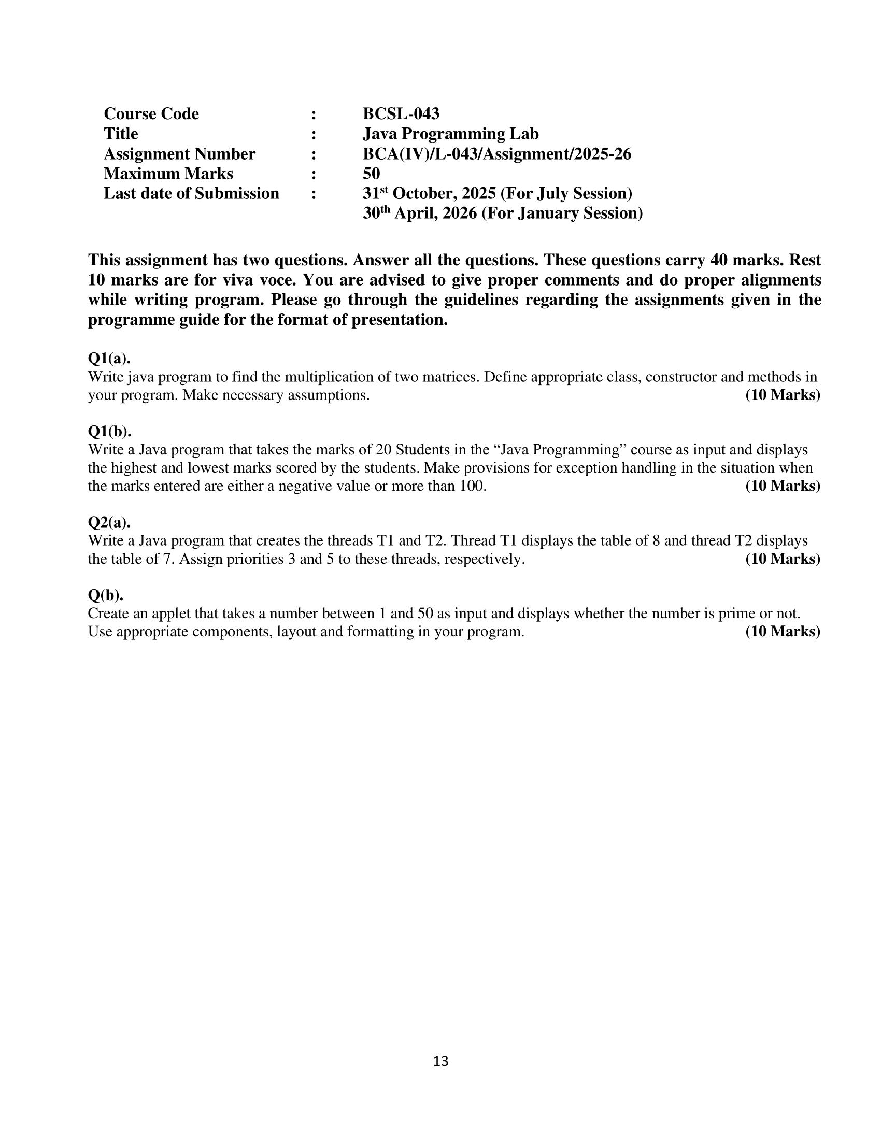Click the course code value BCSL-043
pyautogui.click(x=401, y=114)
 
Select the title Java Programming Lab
pyautogui.click(x=450, y=134)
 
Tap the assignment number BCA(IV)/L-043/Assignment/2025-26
pyautogui.click(x=497, y=154)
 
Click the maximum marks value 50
pyautogui.click(x=371, y=173)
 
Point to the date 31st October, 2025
pyautogui.click(x=429, y=194)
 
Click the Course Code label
pyautogui.click(x=151, y=114)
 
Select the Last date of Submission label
pyautogui.click(x=191, y=194)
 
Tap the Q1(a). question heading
pyautogui.click(x=109, y=358)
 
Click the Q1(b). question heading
pyautogui.click(x=109, y=431)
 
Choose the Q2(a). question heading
pyautogui.click(x=109, y=522)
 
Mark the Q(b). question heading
pyautogui.click(x=105, y=594)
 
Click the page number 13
pyautogui.click(x=440, y=1061)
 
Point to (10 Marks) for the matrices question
pyautogui.click(x=783, y=395)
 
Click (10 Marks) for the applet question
pyautogui.click(x=783, y=632)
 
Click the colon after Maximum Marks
pyautogui.click(x=314, y=174)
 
